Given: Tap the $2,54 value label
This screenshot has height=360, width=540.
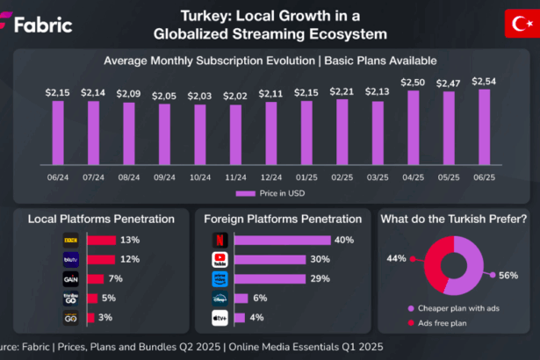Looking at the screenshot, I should (482, 81).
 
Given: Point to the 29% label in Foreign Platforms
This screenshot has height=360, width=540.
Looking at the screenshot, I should (319, 277).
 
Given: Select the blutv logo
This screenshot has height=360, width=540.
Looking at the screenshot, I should (72, 259).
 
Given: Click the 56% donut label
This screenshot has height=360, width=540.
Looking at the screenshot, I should (508, 274).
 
